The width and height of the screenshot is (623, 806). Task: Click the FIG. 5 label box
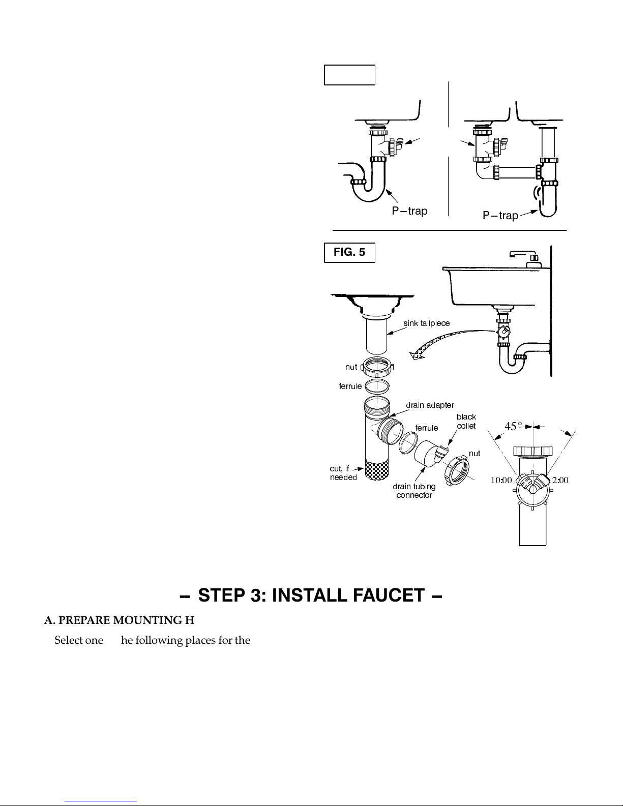tap(349, 253)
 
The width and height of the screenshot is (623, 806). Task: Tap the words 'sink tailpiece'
tap(427, 323)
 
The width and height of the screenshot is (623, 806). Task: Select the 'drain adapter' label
tap(430, 405)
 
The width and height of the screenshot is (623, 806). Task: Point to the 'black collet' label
tap(466, 422)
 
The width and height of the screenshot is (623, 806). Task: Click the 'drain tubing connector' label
tap(414, 491)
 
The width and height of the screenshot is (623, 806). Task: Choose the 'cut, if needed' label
tap(343, 473)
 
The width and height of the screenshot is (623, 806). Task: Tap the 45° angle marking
tap(513, 426)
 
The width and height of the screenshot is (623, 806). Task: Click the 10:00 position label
tap(501, 481)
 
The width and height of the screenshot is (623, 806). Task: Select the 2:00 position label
tap(560, 481)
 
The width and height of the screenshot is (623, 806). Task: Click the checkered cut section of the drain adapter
tap(377, 469)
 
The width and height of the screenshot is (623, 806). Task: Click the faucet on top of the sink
tap(525, 258)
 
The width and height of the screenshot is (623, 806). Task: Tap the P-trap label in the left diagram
tap(410, 211)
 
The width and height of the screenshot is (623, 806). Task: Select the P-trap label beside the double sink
tap(500, 215)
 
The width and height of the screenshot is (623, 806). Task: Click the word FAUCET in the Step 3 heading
tap(389, 595)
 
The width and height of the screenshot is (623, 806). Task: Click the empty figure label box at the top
tap(349, 75)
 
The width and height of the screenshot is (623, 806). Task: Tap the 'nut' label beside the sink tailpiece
tap(351, 367)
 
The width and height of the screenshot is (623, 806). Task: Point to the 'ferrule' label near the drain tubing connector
tap(427, 428)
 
